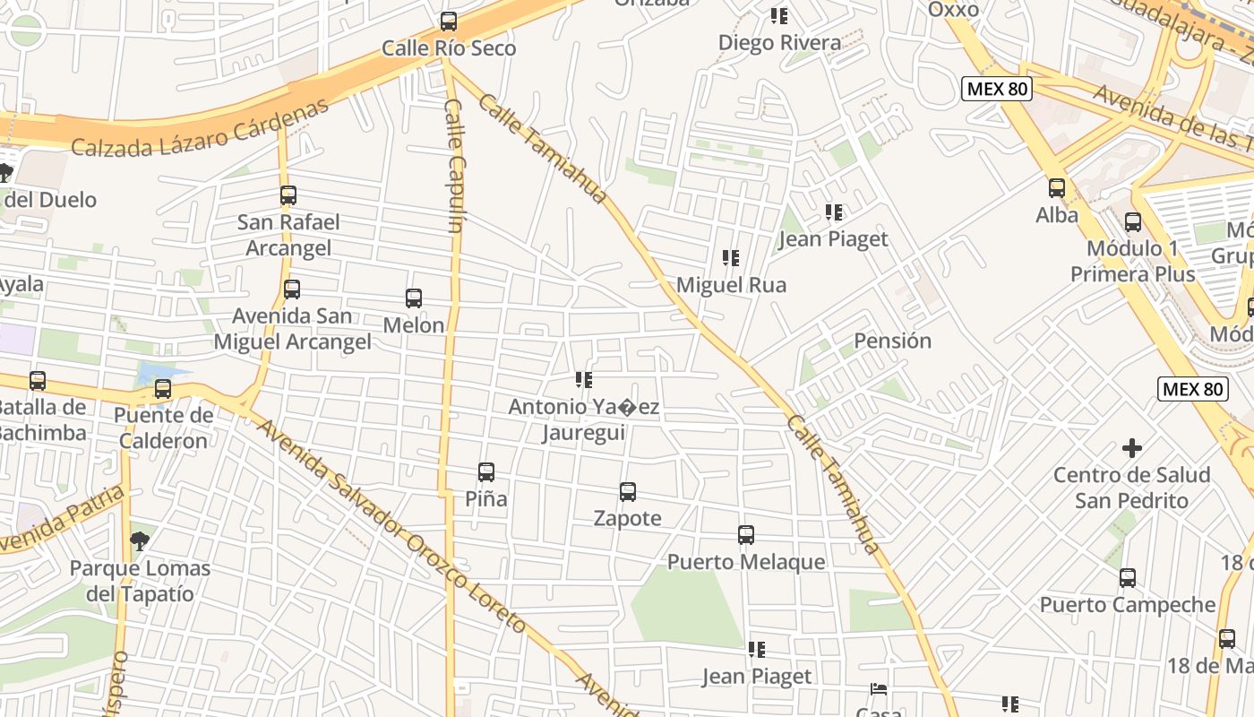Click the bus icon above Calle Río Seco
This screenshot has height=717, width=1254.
449,21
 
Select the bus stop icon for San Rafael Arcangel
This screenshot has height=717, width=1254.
288,194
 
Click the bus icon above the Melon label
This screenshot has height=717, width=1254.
414,298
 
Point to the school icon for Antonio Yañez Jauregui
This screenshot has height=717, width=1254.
584,380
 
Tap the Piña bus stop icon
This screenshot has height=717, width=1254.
486,471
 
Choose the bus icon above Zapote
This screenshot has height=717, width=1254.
628,491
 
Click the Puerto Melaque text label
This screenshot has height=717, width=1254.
746,562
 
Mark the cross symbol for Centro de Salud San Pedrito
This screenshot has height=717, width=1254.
1132,447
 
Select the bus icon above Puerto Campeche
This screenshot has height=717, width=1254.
1128,578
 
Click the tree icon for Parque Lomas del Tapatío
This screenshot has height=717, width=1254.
139,540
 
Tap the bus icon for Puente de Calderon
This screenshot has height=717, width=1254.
163,389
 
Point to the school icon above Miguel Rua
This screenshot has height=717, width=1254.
731,258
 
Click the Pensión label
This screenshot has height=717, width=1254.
892,341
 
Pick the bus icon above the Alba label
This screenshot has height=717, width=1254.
1057,188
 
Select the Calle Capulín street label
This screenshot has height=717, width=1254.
454,166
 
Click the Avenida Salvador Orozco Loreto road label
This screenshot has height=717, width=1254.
390,524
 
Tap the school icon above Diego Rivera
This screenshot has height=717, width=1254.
779,16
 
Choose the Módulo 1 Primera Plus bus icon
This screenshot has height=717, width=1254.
1133,221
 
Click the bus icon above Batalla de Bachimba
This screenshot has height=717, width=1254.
38,380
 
